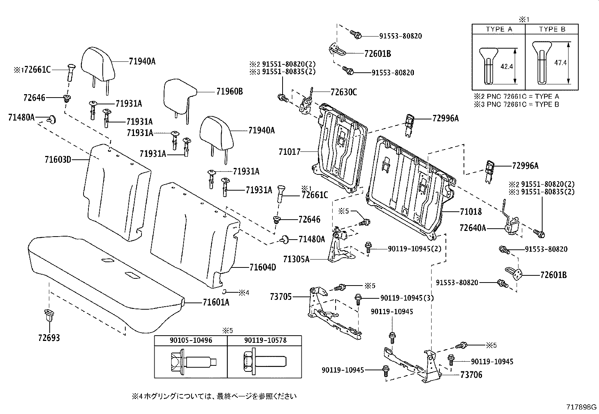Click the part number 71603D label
(x=58, y=159)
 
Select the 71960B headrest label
(x=230, y=91)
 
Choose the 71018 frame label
(x=470, y=212)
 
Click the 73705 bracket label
(x=281, y=296)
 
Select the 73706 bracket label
(x=471, y=375)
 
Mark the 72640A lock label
(x=473, y=228)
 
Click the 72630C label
(x=344, y=92)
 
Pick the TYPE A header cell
(x=499, y=29)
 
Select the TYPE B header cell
(x=552, y=29)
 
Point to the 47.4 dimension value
(x=560, y=63)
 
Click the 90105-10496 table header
(x=191, y=340)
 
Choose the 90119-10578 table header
(x=265, y=340)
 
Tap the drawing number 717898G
(x=582, y=407)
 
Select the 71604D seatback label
(x=262, y=267)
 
